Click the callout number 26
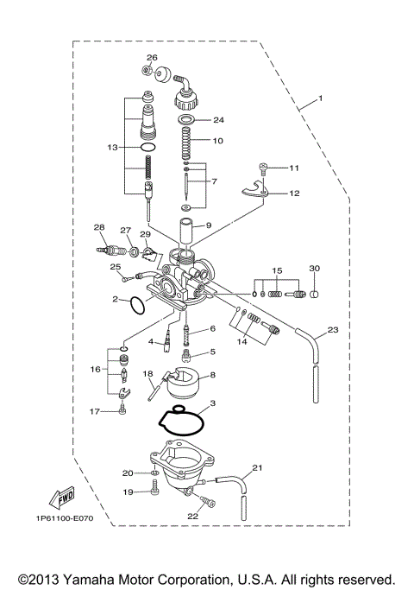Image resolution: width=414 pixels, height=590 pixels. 152,58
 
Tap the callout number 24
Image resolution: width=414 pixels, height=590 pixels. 218,120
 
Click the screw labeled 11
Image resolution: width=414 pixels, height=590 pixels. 264,168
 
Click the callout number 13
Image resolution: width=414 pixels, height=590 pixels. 112,148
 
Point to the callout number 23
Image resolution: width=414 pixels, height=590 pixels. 332,329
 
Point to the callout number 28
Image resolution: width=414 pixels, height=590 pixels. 99,227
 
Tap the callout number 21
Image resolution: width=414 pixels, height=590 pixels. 255,469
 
